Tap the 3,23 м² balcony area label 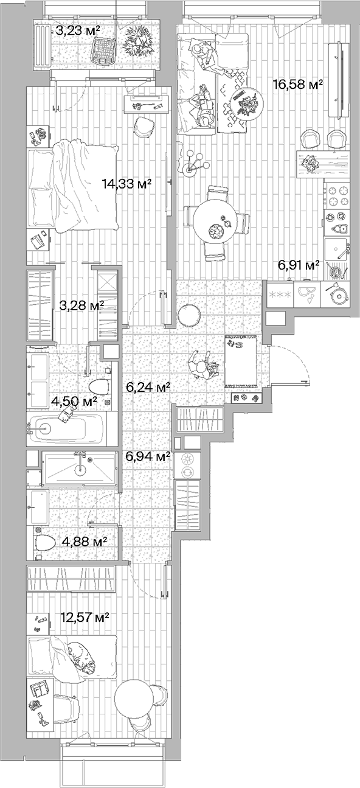(x=78, y=31)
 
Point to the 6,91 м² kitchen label (x=299, y=265)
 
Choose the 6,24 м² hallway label (x=147, y=386)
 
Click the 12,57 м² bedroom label (x=85, y=618)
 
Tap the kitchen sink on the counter (x=336, y=249)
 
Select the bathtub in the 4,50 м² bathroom (x=67, y=429)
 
